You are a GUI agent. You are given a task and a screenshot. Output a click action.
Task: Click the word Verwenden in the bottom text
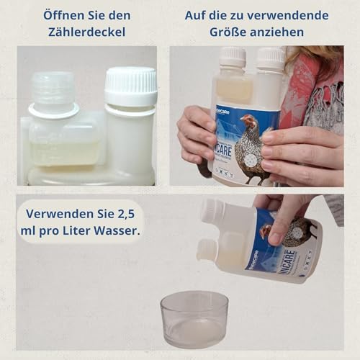coord(60,213)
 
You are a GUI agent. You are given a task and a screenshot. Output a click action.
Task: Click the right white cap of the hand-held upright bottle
coord(271,58)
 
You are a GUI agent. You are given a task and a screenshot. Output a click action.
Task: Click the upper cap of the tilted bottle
coord(213,210)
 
